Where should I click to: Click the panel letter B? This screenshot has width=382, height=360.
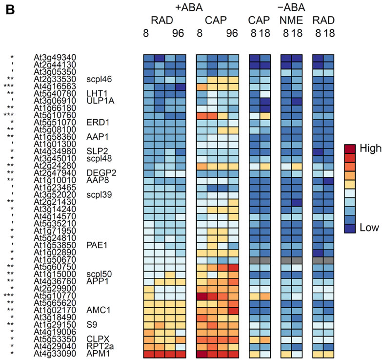[x=9, y=9]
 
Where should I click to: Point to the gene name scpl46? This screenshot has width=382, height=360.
[x=99, y=78]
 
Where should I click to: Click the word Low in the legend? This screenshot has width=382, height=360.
[x=362, y=228]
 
